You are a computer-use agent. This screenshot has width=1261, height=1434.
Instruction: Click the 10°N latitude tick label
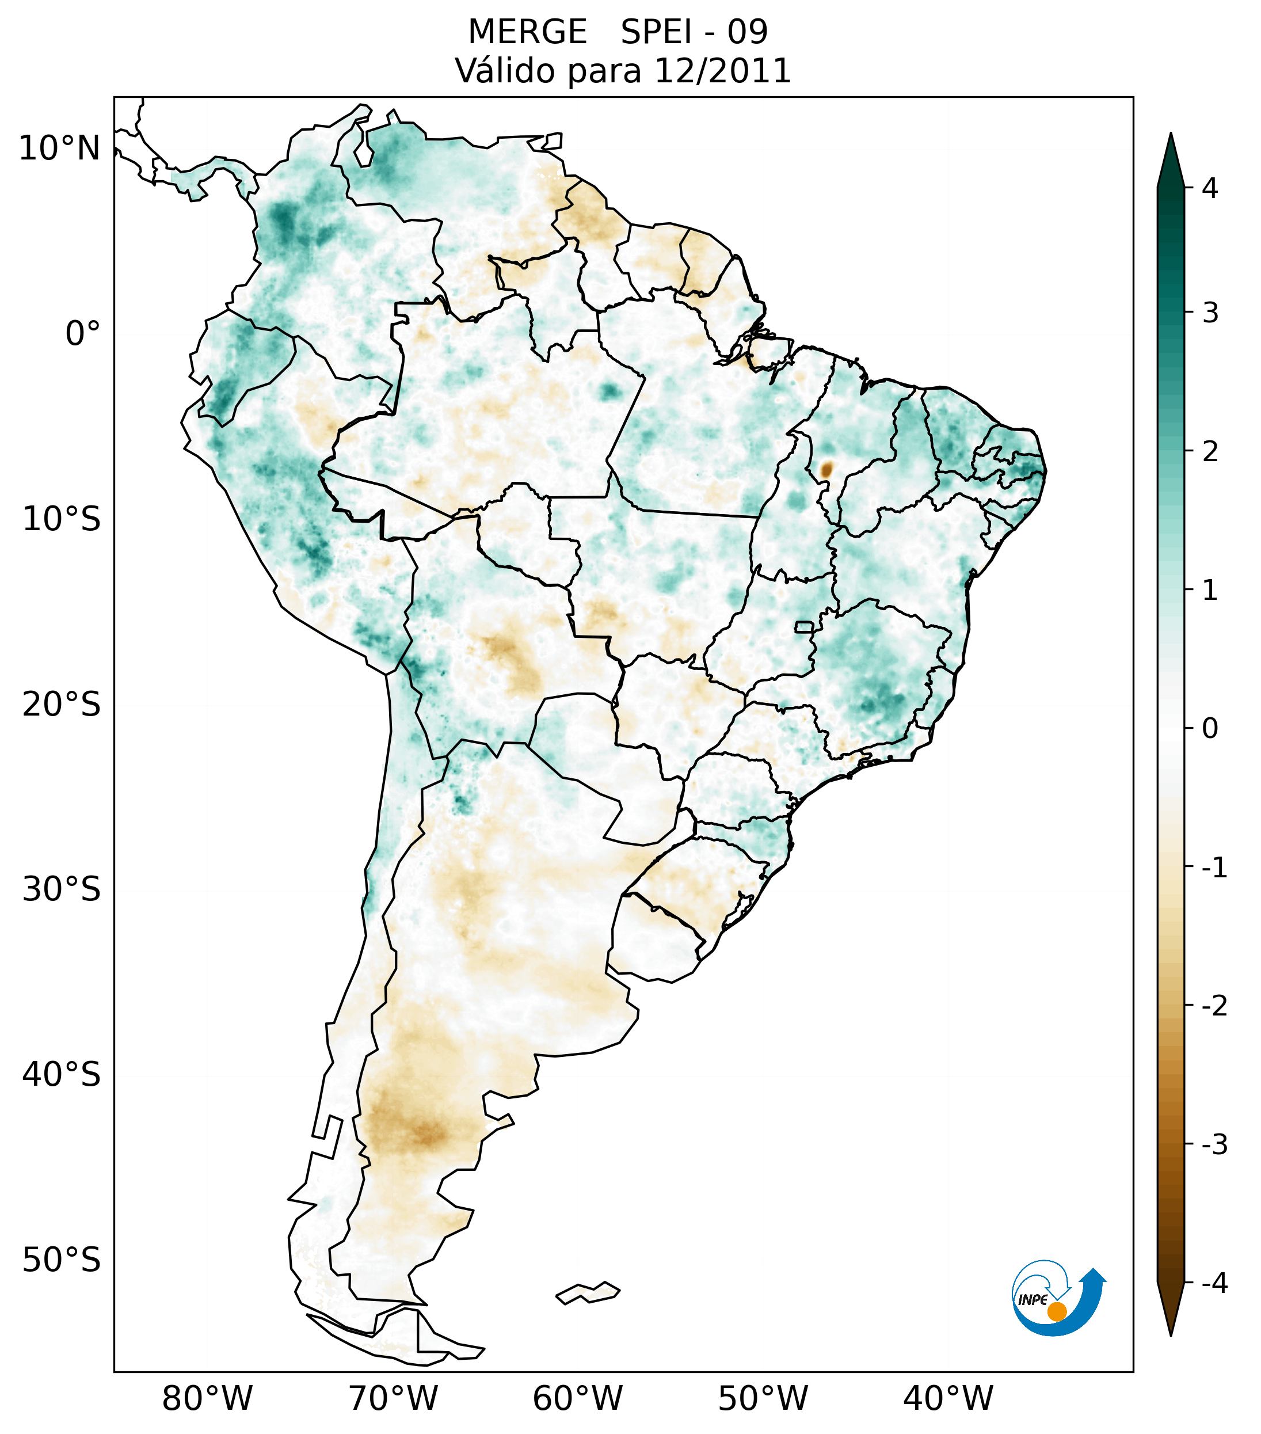point(60,149)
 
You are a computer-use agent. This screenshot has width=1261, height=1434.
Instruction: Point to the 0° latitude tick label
point(83,334)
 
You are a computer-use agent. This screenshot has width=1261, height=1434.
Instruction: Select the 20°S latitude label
point(62,703)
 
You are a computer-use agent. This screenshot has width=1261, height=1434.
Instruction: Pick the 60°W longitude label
point(577,1398)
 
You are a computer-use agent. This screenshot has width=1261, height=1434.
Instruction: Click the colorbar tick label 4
point(1210,188)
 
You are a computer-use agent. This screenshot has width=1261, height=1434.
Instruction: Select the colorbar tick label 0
point(1210,729)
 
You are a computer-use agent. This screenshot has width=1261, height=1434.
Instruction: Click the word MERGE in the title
point(527,32)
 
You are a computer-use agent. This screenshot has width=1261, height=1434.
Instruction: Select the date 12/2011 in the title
point(722,71)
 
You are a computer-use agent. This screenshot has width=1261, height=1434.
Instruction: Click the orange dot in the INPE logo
point(1057,1311)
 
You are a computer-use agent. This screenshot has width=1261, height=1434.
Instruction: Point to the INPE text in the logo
point(1033,1300)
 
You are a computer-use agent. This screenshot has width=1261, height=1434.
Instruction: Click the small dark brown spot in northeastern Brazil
point(827,469)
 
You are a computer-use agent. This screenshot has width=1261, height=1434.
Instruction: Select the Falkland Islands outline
point(588,1292)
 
